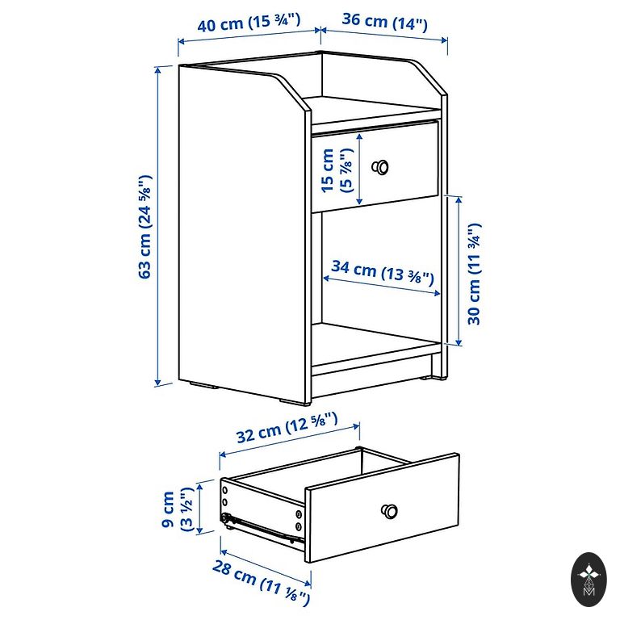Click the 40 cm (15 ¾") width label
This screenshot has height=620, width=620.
click(249, 22)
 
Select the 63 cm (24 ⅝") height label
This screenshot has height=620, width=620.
click(145, 227)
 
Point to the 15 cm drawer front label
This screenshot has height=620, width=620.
click(328, 170)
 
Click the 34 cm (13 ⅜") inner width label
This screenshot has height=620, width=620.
click(383, 272)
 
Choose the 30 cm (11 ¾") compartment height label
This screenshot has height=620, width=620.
click(474, 274)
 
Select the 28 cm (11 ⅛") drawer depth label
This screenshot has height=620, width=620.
click(261, 582)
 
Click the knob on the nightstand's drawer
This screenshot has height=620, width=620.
click(380, 167)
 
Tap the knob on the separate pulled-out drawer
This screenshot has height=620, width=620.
click(389, 511)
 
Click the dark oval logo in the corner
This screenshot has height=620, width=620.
click(589, 580)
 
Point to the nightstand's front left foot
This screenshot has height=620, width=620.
click(295, 403)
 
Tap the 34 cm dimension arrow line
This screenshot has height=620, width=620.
click(382, 286)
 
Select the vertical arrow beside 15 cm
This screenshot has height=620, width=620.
click(359, 169)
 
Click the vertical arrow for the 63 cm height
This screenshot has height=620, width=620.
click(158, 226)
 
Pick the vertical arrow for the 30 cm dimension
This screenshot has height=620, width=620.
click(459, 271)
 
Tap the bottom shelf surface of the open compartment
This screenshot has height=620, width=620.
click(375, 339)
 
